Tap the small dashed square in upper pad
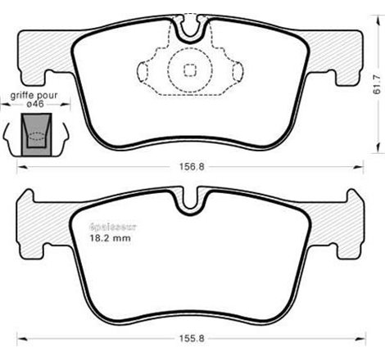coord(189,70)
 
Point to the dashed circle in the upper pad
coord(189,70)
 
